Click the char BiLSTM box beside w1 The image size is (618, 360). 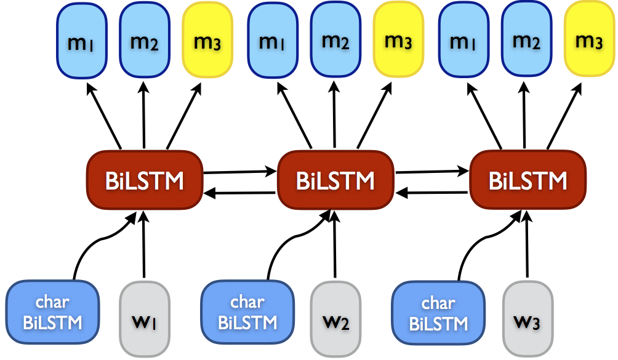point(53,312)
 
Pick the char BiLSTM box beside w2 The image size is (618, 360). point(247,312)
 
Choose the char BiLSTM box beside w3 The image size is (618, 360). point(438,314)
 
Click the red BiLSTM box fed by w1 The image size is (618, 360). point(145,180)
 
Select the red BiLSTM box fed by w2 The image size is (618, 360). point(335,180)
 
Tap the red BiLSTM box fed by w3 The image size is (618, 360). point(528,180)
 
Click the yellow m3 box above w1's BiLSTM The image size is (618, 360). point(207,42)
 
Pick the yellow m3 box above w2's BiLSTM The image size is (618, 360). point(398,41)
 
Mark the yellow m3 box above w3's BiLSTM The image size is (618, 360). point(588,41)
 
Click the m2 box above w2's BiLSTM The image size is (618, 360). point(335,41)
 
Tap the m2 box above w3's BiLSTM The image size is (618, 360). point(527,41)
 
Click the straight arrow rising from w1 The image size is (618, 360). point(143,246)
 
